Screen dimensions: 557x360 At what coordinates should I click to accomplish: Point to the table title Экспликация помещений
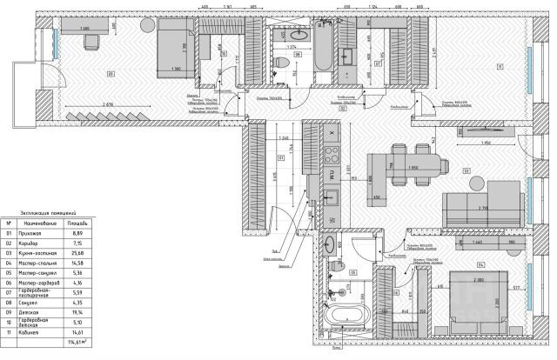click(x=44, y=211)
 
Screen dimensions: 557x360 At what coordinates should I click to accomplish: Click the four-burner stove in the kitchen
click(x=332, y=157)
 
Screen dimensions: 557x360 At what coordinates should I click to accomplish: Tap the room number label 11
click(x=499, y=67)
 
